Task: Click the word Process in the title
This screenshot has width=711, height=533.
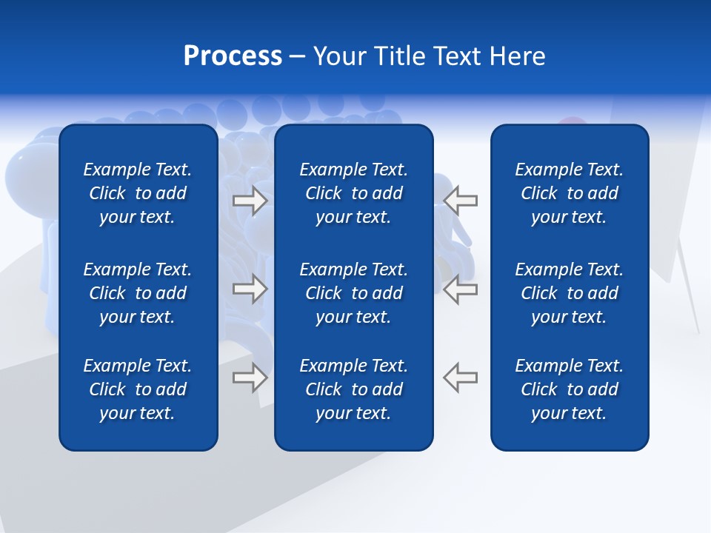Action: click(233, 56)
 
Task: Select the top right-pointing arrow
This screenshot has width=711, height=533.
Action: click(250, 201)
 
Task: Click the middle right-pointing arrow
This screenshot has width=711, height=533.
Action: click(250, 289)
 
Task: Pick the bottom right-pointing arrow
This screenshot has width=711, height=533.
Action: click(250, 378)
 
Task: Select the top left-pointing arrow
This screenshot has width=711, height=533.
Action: click(460, 201)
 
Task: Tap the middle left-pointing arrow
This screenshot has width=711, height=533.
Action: click(460, 289)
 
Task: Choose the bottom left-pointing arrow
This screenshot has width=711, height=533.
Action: click(460, 378)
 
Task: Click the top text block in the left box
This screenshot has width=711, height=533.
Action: click(138, 193)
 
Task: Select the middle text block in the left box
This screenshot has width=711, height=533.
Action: click(138, 293)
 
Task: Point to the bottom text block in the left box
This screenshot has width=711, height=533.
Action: click(138, 389)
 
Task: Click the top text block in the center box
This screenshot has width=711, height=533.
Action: click(354, 193)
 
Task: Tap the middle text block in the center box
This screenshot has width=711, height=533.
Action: click(354, 293)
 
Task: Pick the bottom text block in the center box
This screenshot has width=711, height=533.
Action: click(354, 389)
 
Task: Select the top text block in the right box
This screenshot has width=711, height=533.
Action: click(570, 193)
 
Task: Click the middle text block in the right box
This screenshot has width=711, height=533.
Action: click(570, 293)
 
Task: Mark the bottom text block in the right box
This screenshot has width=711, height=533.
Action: click(570, 389)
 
